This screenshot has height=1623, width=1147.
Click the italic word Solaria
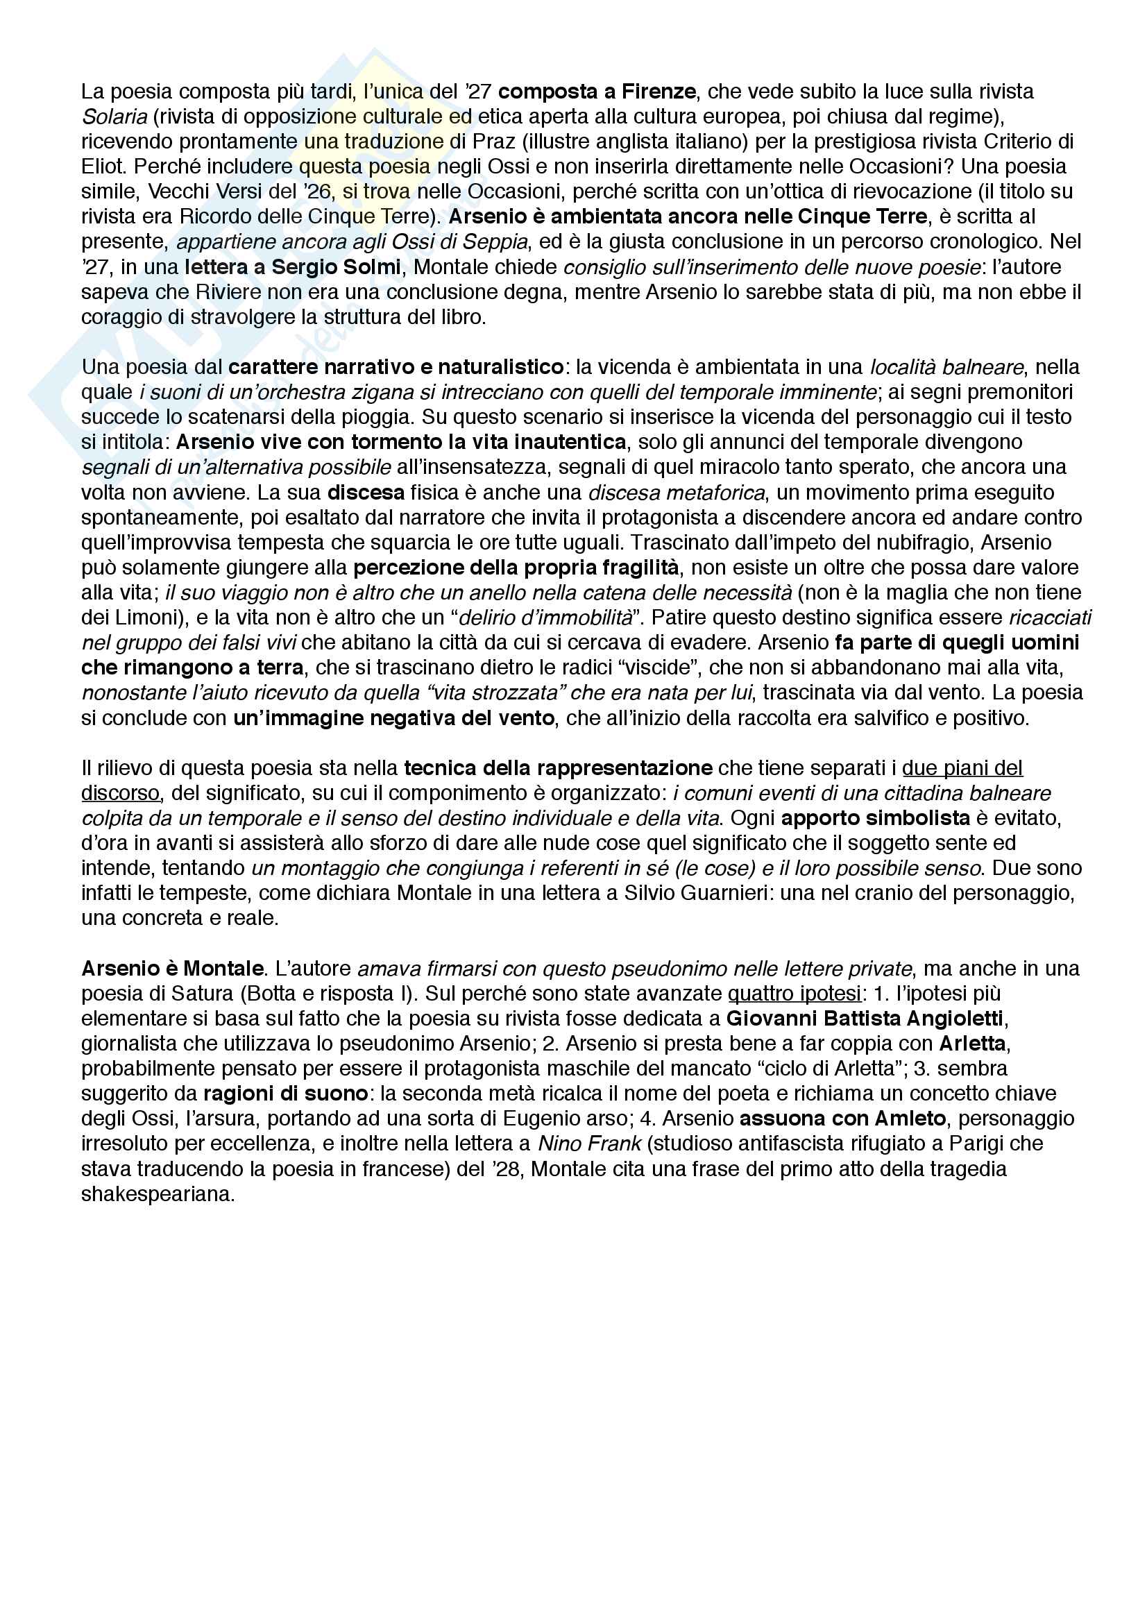114,117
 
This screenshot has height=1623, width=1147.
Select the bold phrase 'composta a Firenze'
597,92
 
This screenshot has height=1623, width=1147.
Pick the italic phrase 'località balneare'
946,368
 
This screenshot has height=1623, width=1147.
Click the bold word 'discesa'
366,493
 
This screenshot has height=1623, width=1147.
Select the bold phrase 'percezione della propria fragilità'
516,568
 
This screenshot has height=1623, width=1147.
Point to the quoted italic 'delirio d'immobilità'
545,618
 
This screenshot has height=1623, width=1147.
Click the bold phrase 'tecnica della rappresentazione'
558,767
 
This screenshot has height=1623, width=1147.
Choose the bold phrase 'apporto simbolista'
875,818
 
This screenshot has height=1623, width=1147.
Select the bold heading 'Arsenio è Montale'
173,969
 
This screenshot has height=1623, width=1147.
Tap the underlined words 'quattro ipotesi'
795,993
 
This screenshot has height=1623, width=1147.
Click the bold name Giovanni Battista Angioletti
865,1019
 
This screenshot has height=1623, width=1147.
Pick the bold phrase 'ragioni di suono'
285,1094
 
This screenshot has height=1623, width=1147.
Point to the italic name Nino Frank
589,1144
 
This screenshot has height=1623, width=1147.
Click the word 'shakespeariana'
158,1194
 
